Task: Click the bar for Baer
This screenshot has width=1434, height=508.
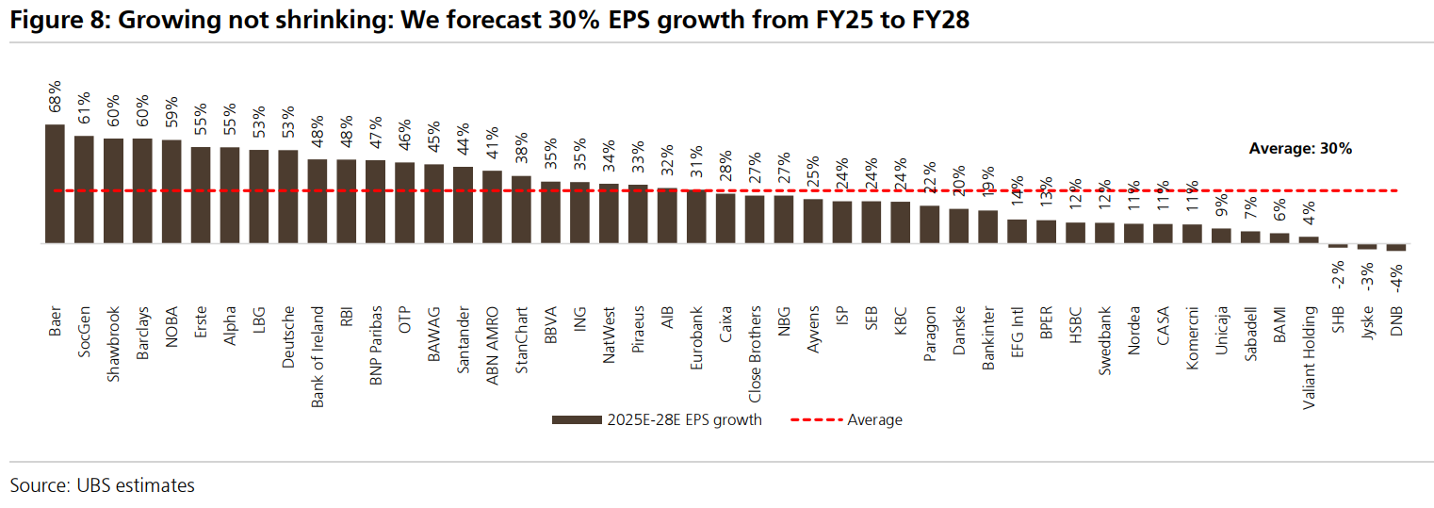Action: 55,184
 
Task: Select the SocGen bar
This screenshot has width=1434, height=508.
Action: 84,189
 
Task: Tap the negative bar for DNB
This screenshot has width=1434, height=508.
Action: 1396,247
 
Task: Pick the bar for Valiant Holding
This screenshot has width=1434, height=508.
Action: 1309,239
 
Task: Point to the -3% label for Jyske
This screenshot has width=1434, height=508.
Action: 1367,273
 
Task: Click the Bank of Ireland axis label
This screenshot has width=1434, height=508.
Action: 318,356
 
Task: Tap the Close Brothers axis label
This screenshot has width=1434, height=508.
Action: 756,353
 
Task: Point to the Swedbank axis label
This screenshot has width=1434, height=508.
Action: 1105,340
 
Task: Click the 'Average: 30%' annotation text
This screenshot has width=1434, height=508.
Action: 1300,148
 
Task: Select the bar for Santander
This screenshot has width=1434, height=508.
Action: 464,205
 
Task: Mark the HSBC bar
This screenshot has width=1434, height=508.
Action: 1076,233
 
